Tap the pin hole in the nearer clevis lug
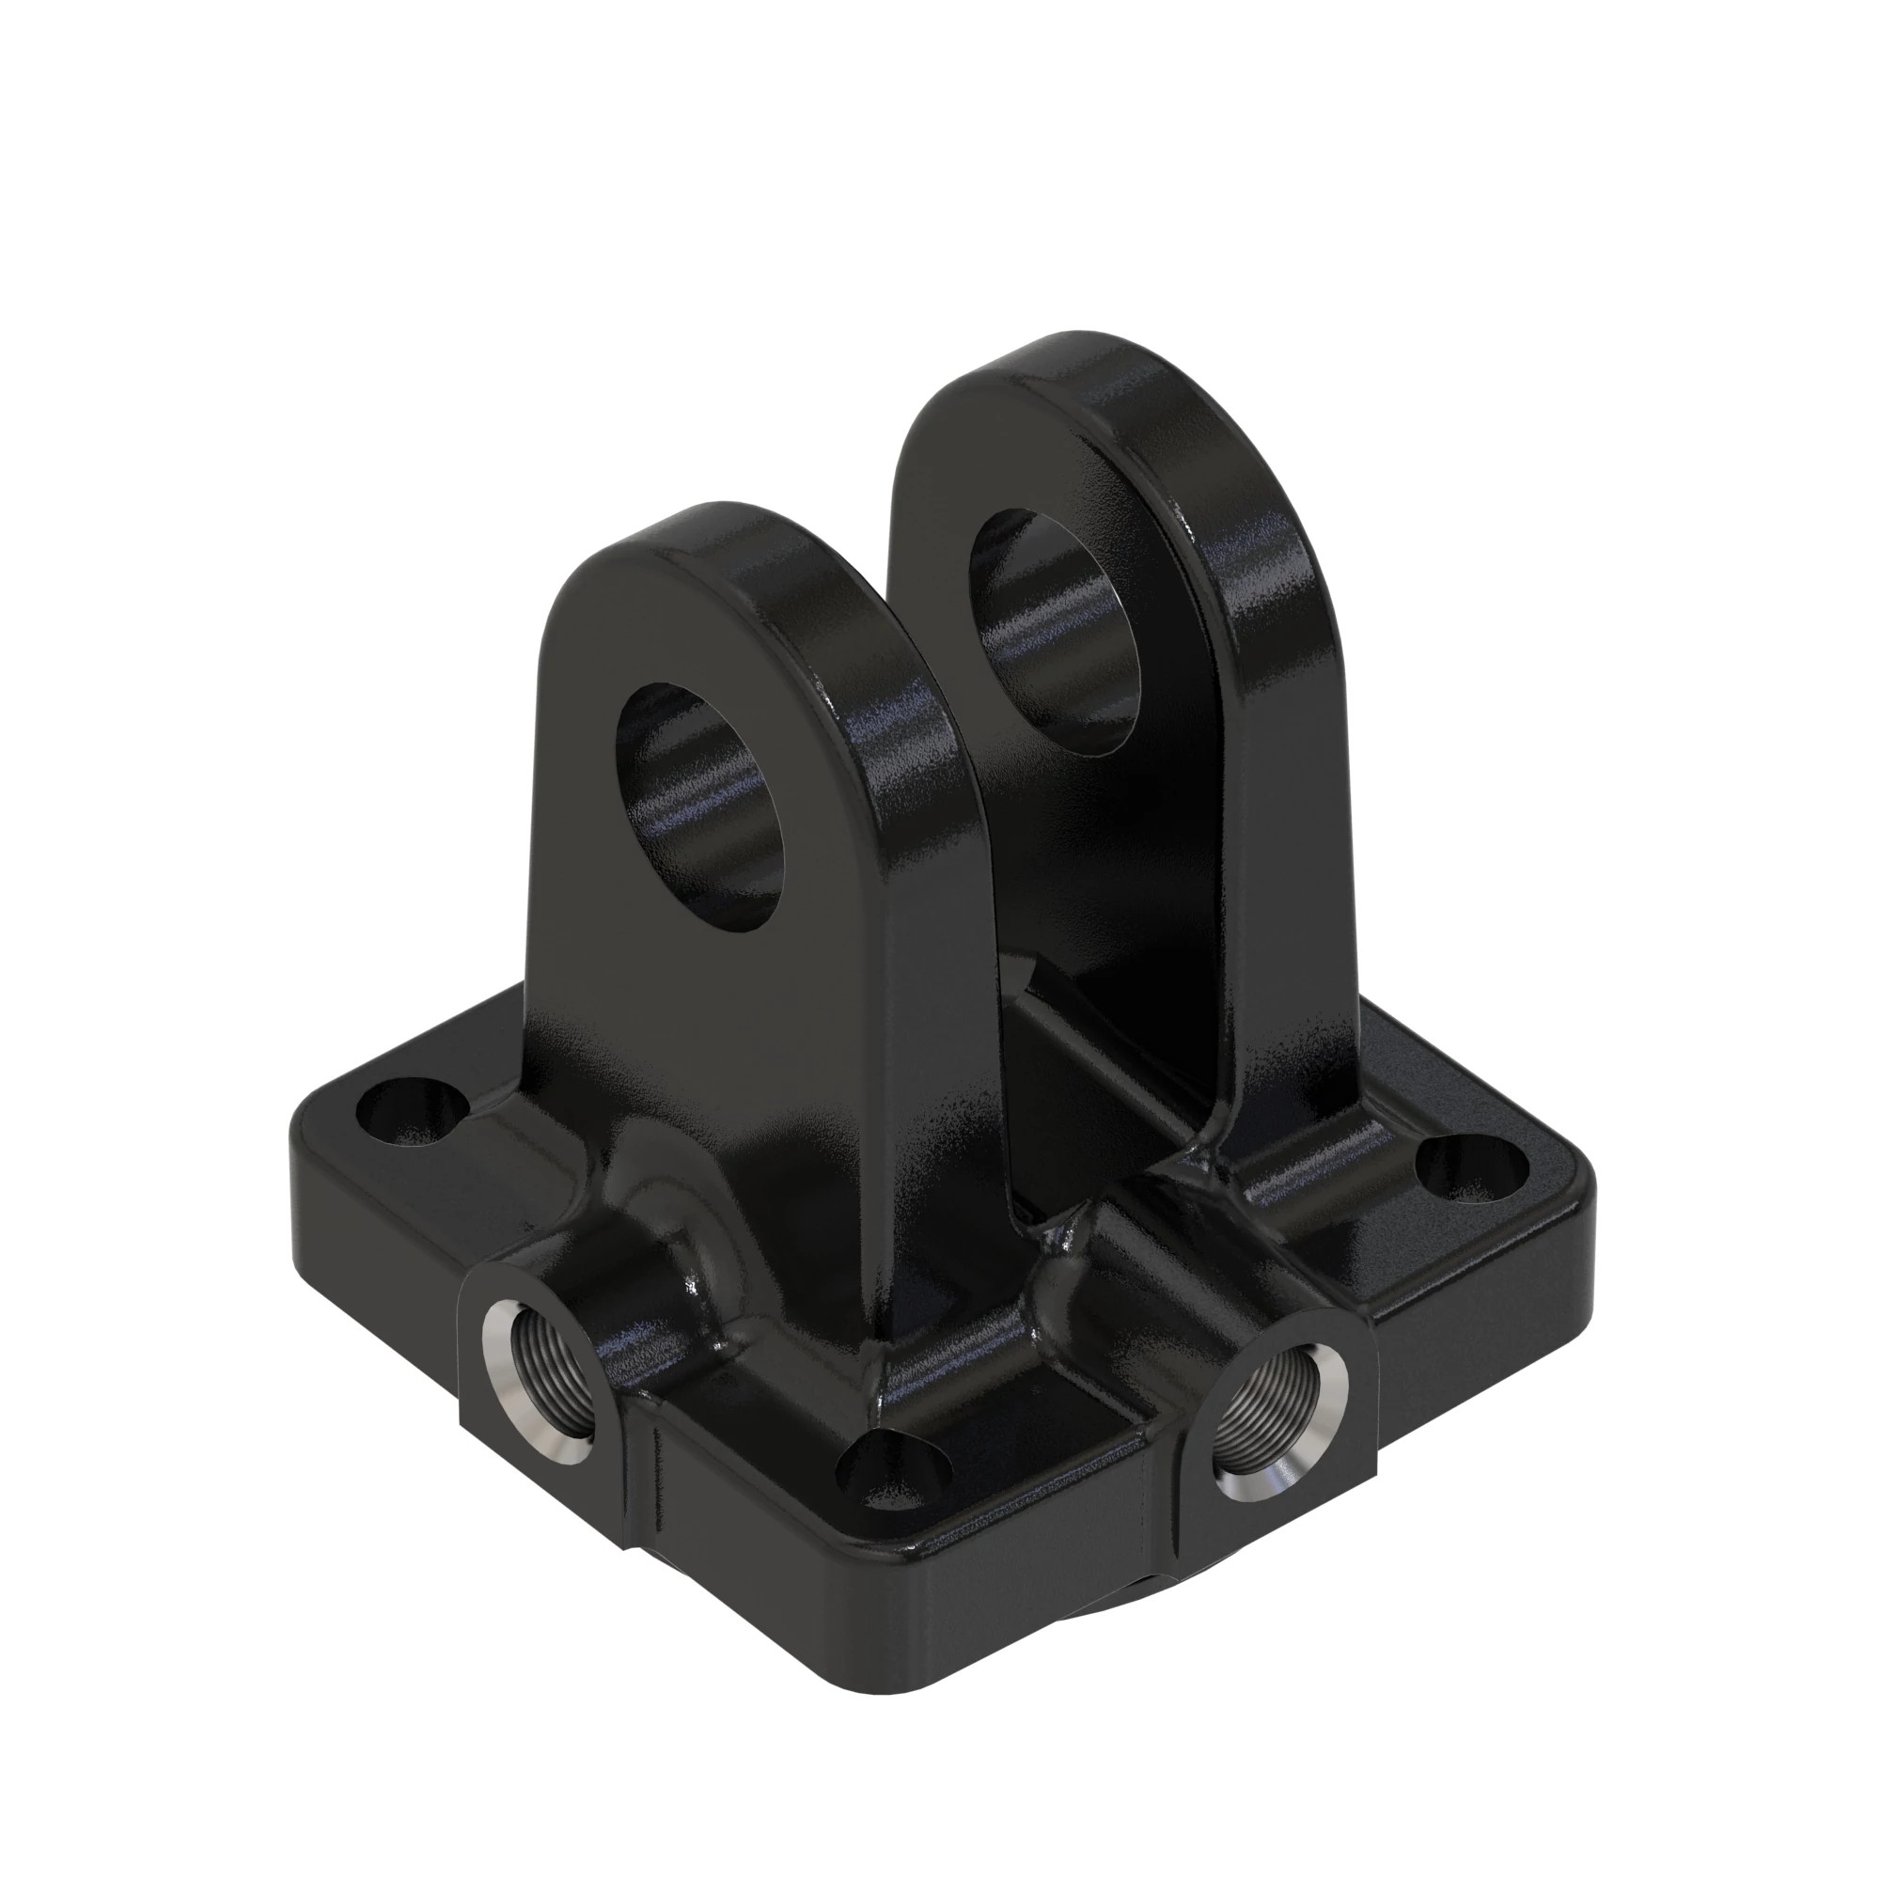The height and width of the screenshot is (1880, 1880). point(702,807)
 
